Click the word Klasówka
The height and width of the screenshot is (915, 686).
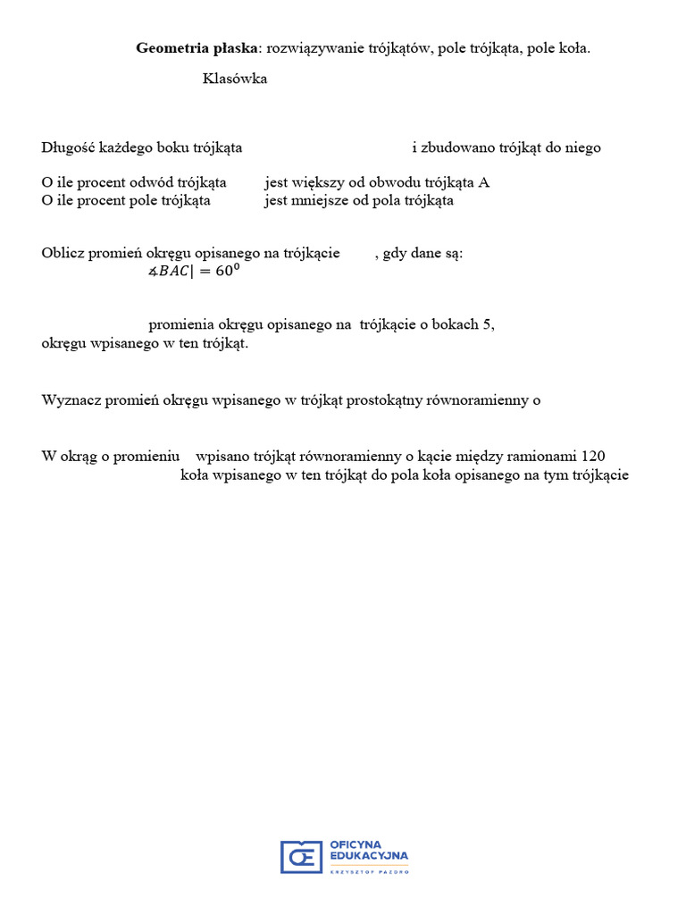235,79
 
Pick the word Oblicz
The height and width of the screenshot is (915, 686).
61,253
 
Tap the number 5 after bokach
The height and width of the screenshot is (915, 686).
487,325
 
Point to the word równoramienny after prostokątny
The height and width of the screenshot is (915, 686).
489,400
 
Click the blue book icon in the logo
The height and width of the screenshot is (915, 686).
301,856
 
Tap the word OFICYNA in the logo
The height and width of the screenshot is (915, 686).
356,844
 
